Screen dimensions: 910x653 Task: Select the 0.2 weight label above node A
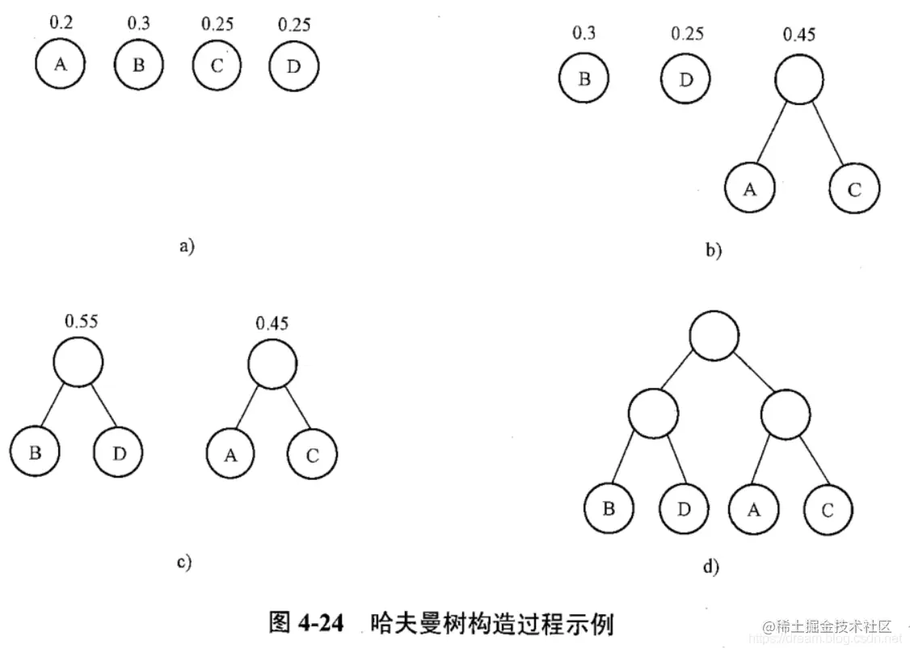[x=61, y=23]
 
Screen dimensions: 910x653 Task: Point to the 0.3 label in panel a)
[x=138, y=23]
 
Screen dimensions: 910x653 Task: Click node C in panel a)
[x=216, y=66]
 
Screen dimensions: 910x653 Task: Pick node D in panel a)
[x=293, y=66]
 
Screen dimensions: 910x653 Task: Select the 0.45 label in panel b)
[x=799, y=35]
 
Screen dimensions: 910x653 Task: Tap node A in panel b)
[x=749, y=188]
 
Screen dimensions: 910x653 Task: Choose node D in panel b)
[x=685, y=80]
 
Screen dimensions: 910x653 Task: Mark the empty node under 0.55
[x=79, y=363]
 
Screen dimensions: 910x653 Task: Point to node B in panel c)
[x=36, y=453]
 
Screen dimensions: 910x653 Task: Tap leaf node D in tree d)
[x=684, y=510]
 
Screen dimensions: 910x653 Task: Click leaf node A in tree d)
[x=753, y=510]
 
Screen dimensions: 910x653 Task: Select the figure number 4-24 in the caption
[x=321, y=625]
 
